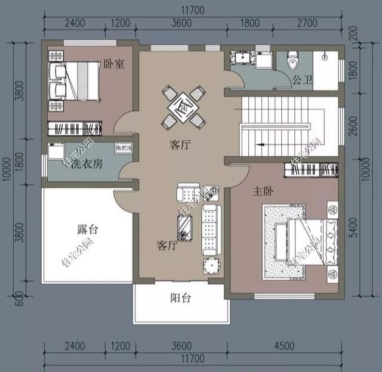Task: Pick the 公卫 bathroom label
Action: point(300,79)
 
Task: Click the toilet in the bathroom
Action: point(292,60)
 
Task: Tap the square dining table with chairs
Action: point(183,108)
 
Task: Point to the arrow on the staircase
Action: point(260,144)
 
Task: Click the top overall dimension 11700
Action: point(193,9)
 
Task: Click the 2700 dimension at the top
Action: point(315,24)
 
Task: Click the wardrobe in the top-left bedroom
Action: point(75,128)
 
